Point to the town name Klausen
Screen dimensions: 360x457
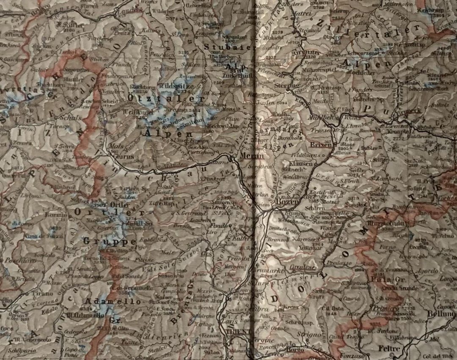[x=298, y=163]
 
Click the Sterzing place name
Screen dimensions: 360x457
[x=287, y=86]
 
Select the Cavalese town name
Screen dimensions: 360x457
[x=303, y=267]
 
